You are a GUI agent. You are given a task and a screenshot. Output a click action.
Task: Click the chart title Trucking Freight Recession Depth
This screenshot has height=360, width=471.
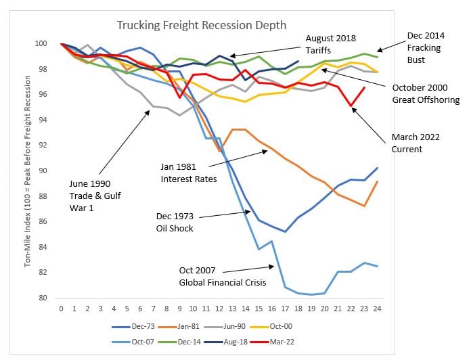coord(202,25)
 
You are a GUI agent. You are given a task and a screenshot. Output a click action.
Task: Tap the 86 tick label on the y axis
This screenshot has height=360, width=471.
coord(43,221)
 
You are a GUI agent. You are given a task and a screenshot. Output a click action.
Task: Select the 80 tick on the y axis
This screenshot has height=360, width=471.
coord(43,298)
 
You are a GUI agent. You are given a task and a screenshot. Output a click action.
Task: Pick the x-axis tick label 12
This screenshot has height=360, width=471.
coord(219,309)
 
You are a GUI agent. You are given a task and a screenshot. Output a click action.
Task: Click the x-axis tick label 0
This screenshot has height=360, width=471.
coord(61,309)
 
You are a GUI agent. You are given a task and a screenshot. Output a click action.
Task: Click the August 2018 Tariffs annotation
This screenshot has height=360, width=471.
coord(330,44)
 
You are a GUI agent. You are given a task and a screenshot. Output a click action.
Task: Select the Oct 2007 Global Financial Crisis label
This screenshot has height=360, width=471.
coord(221,276)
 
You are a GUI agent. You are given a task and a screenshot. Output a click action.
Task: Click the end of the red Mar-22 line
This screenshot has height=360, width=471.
coord(365,87)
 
